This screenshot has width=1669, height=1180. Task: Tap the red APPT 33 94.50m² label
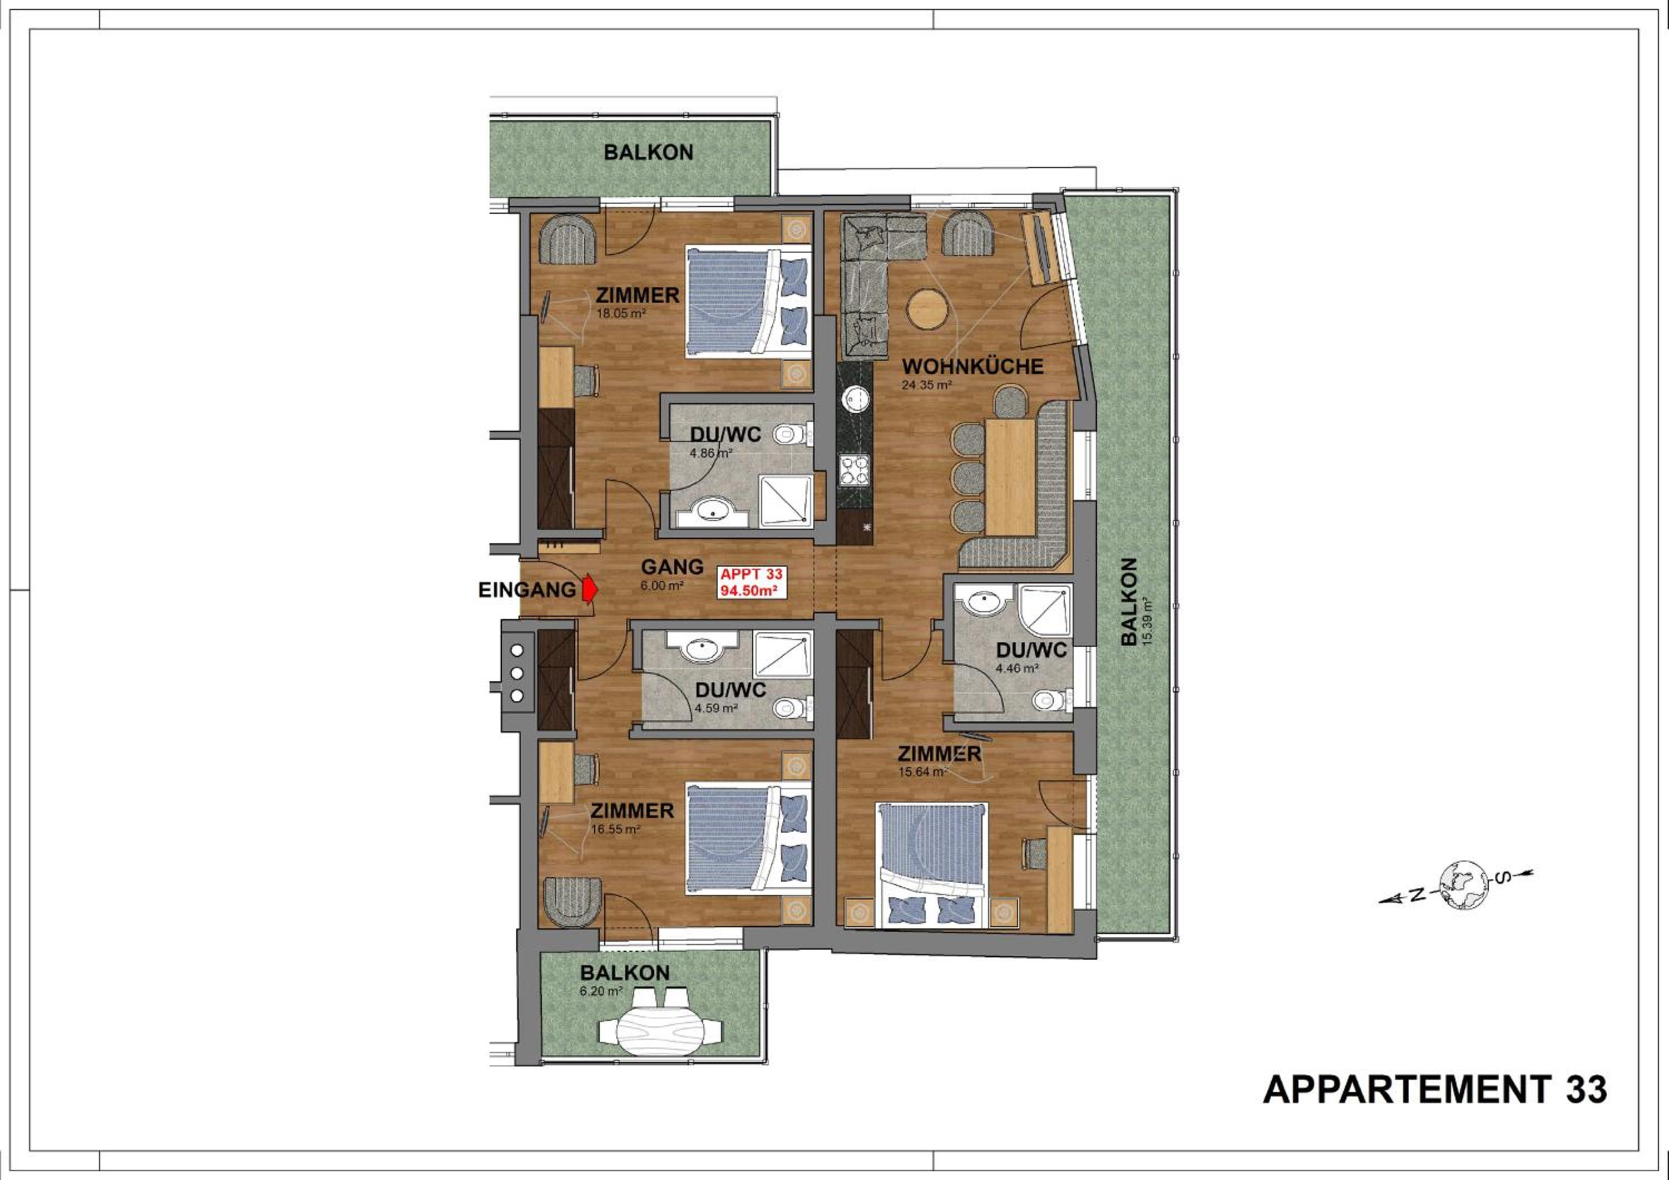point(752,582)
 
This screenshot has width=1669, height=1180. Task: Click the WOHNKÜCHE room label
point(972,366)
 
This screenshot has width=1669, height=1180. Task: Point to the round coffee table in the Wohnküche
point(927,308)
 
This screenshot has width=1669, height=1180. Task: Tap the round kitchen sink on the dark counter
point(856,398)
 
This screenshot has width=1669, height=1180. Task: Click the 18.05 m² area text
point(621,314)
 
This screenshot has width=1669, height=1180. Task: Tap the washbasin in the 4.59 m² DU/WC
point(702,648)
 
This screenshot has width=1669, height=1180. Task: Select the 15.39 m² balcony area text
point(1148,622)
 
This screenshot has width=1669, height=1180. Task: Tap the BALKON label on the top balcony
point(649,152)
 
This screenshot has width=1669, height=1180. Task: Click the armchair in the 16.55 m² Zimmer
point(573,902)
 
